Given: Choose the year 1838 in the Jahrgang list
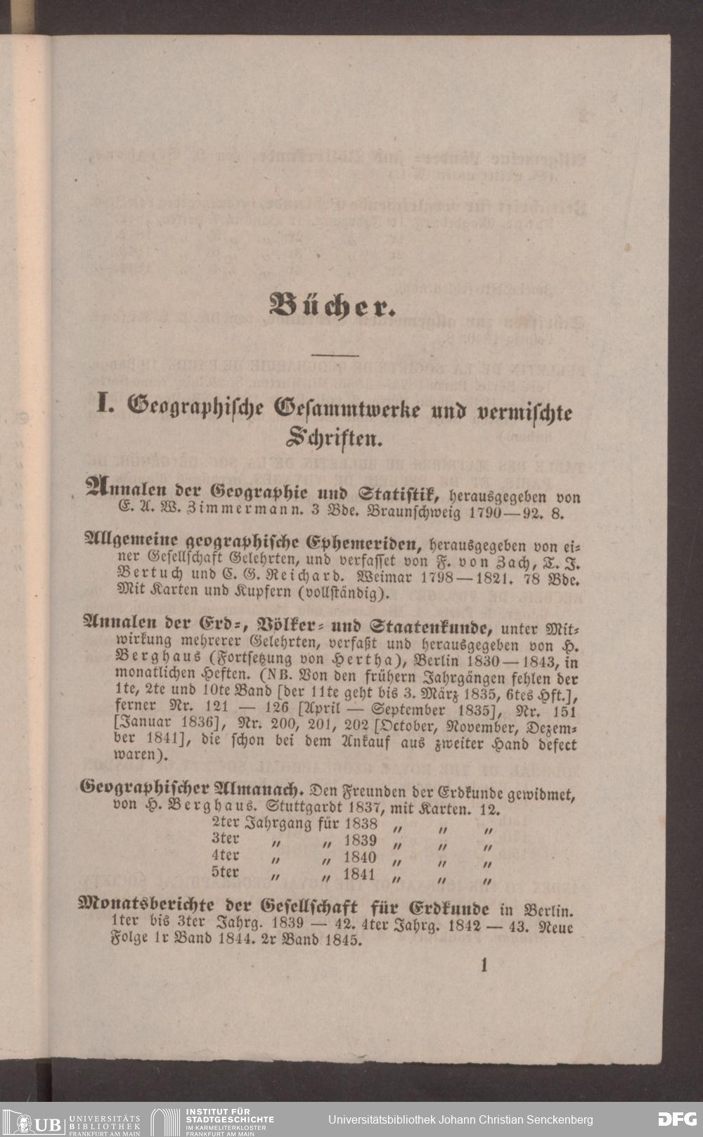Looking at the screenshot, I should pos(361,824).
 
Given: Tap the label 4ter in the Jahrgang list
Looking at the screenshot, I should pos(225,857).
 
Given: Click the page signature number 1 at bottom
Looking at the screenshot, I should pos(484,965).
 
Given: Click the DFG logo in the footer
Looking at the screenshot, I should pos(677,1119).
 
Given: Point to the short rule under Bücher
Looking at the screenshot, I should pos(334,356).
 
